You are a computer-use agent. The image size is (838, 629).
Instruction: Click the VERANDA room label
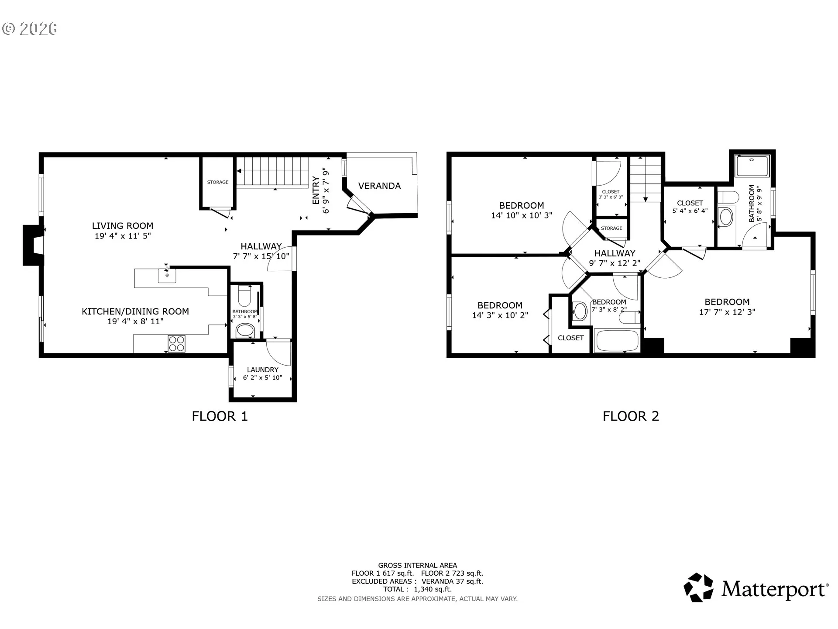click(x=379, y=186)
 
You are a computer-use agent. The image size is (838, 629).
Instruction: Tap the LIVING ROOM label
click(x=123, y=226)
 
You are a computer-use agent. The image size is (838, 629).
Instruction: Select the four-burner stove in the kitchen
click(x=176, y=343)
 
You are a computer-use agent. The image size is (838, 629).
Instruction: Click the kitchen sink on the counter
click(x=167, y=275)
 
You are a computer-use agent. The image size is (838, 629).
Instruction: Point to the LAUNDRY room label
click(x=262, y=370)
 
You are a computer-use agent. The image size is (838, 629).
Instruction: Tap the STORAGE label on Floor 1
click(x=218, y=182)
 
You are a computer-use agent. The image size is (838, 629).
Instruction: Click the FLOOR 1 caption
click(x=220, y=416)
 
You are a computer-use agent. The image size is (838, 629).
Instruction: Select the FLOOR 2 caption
click(x=631, y=416)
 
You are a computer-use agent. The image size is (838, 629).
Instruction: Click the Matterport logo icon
click(x=698, y=588)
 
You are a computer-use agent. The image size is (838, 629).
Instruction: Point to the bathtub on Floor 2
click(x=618, y=341)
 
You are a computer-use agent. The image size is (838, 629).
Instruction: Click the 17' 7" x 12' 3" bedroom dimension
click(x=727, y=312)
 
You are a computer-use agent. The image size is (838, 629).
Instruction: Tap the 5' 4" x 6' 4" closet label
click(x=690, y=211)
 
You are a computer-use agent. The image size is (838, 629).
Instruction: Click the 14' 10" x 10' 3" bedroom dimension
click(x=522, y=215)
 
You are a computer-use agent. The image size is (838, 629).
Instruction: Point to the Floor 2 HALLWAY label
click(x=615, y=253)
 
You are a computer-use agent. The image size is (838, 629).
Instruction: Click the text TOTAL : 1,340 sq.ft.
click(x=417, y=589)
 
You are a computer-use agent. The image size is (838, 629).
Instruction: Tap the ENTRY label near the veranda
click(x=316, y=190)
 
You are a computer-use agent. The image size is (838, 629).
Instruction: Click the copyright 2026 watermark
click(x=30, y=29)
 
